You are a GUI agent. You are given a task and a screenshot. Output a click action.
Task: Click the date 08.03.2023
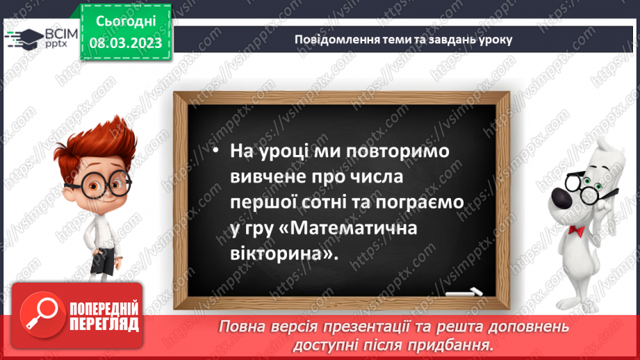pos(126,43)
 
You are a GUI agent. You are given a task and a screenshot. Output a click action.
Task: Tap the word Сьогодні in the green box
pos(126,23)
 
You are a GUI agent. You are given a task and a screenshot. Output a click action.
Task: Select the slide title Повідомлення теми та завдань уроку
pos(404,40)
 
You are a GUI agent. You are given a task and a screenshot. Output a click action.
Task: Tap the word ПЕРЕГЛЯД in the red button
pos(104,325)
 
